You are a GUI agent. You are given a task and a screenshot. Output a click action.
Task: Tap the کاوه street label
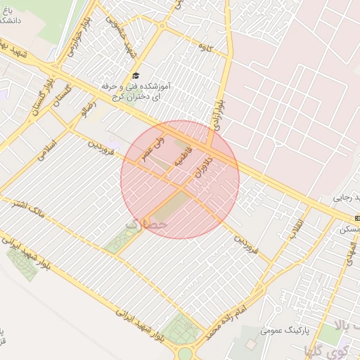(206, 48)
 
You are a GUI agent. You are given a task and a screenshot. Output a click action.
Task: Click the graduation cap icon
(135, 76)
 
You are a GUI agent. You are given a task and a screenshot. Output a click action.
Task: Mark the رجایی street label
(344, 198)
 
